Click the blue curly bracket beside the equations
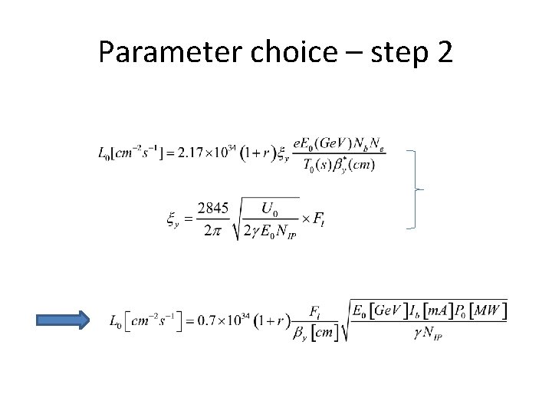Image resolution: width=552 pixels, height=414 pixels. click(x=419, y=188)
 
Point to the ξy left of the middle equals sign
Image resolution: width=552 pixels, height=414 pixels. click(x=172, y=219)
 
